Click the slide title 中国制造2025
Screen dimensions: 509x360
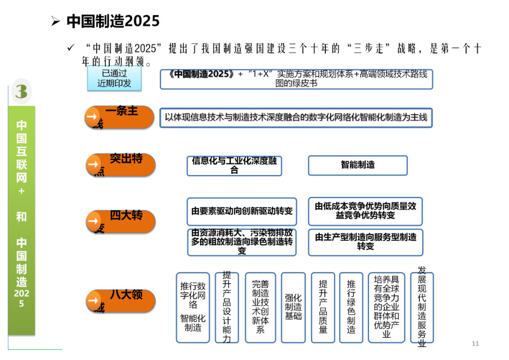coord(113,21)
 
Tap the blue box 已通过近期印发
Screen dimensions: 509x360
coord(114,79)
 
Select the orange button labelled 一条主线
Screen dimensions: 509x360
coord(120,117)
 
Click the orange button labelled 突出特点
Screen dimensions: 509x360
coord(121,164)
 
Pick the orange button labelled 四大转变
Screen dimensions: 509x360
coord(121,221)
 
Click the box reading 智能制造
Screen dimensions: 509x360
coord(358,165)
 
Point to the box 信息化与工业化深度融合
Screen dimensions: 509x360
coord(234,165)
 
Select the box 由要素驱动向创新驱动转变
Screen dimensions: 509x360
coord(242,211)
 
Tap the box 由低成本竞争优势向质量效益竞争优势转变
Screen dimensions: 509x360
coord(365,211)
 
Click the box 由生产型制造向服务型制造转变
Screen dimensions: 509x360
coord(365,242)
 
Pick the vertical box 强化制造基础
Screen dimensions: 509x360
coord(293,307)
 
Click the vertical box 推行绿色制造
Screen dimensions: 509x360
coord(351,307)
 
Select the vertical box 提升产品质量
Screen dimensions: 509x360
coord(323,307)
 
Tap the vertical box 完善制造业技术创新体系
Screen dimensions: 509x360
coord(260,307)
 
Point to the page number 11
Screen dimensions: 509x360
coord(475,344)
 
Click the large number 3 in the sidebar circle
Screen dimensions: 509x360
coord(21,91)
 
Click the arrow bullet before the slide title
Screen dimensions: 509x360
coord(56,22)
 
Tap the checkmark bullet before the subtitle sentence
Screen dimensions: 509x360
coord(71,48)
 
